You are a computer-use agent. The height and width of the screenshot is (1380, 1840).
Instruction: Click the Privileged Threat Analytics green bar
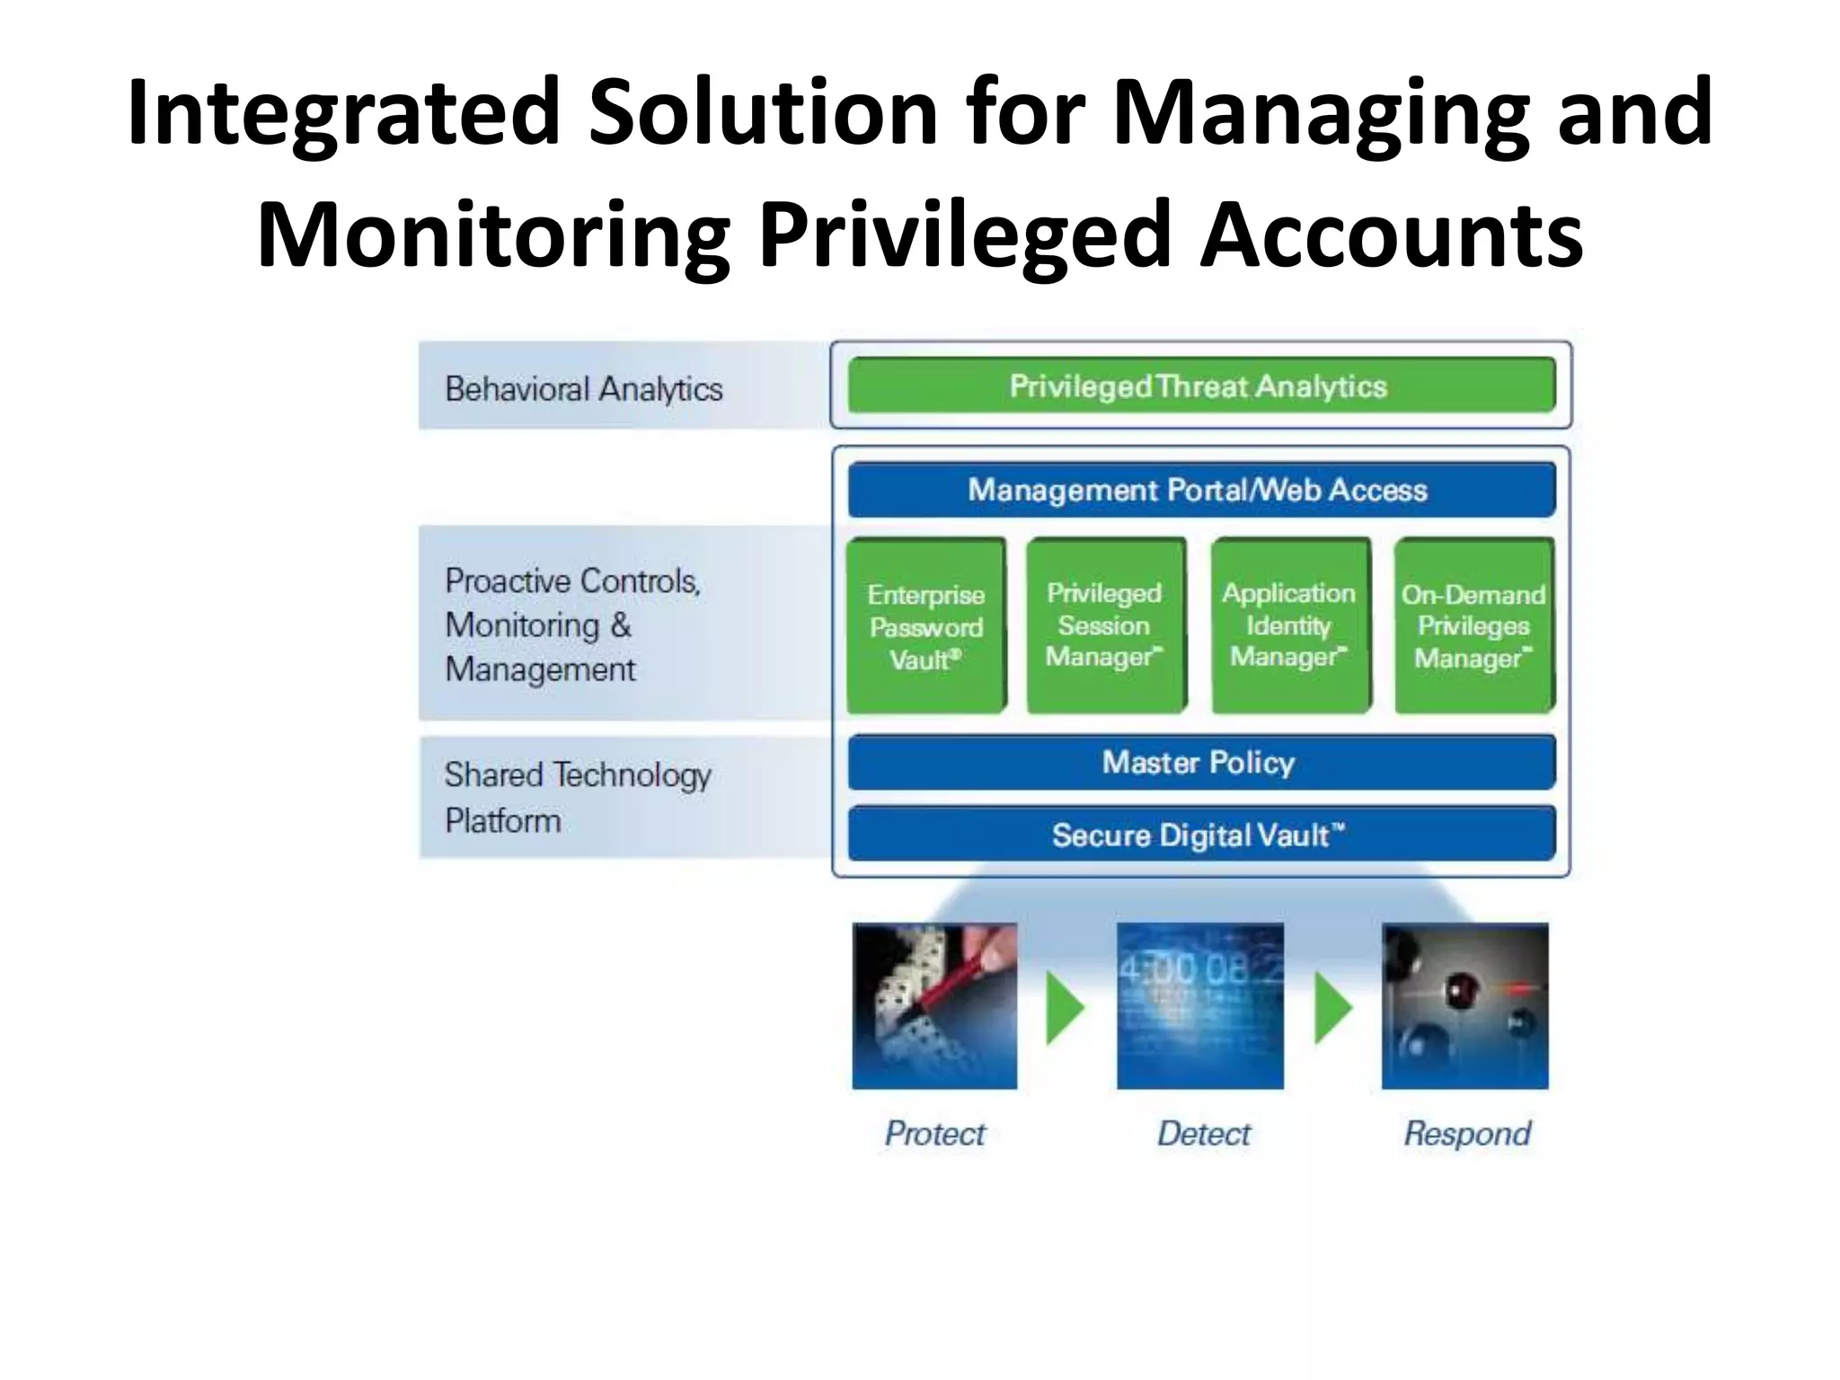click(x=1200, y=386)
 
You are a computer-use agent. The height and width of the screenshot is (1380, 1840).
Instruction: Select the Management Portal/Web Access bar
click(x=1200, y=490)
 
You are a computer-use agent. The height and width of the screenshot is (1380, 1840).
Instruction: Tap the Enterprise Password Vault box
click(x=926, y=626)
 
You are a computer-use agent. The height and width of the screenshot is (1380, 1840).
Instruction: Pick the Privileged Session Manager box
click(x=1106, y=625)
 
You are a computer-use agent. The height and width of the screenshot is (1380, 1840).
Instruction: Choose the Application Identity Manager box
click(x=1290, y=625)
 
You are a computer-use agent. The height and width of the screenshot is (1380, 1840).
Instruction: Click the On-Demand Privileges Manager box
click(x=1473, y=626)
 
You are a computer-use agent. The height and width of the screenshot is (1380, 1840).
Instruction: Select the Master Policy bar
click(x=1200, y=763)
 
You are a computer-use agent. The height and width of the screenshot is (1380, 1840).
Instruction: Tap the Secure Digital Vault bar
click(x=1200, y=835)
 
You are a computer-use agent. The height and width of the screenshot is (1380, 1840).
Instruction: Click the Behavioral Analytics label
click(x=584, y=389)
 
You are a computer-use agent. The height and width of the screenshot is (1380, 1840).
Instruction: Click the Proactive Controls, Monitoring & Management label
click(x=572, y=624)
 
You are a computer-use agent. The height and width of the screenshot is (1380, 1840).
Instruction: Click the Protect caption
click(x=935, y=1134)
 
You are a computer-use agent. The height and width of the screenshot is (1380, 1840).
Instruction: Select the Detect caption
click(x=1204, y=1134)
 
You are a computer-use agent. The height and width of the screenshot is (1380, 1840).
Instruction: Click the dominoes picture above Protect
click(x=935, y=1006)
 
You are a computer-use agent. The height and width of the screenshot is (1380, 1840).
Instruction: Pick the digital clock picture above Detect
click(x=1200, y=1006)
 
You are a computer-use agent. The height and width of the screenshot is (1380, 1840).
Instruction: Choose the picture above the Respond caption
click(x=1465, y=1006)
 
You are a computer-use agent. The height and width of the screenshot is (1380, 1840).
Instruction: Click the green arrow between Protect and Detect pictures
click(x=1066, y=1008)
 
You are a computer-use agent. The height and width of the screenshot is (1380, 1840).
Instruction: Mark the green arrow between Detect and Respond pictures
click(x=1333, y=1008)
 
